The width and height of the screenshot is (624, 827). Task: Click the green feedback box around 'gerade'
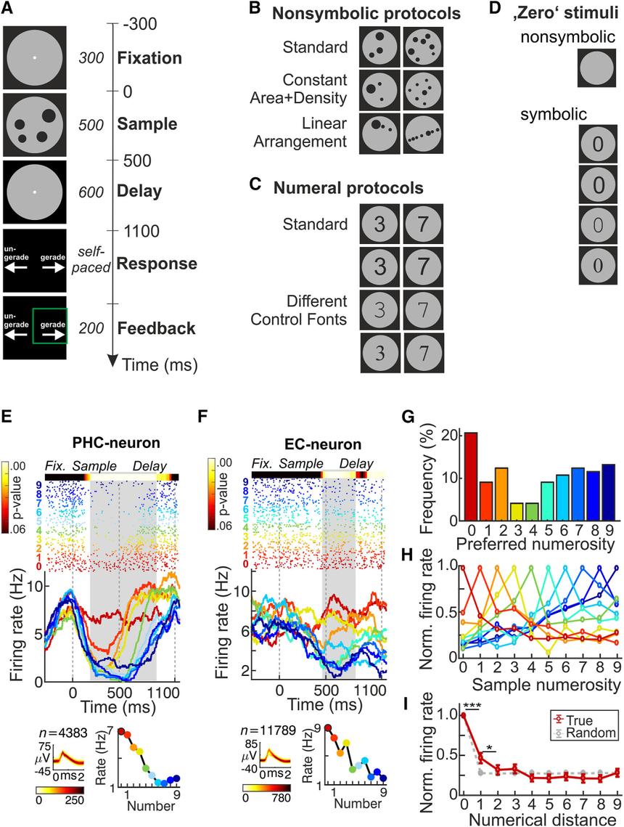tap(49, 325)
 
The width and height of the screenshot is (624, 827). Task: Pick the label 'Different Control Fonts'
tap(316, 310)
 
